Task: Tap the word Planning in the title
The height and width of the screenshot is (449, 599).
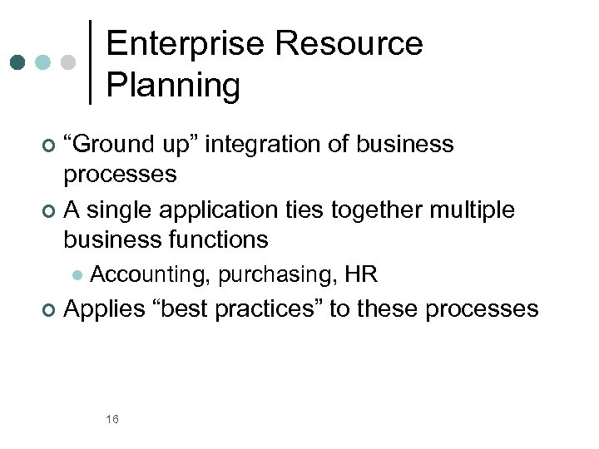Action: pyautogui.click(x=173, y=85)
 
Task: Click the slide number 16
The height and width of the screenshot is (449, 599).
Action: pyautogui.click(x=112, y=418)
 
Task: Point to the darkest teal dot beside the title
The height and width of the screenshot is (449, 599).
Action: pyautogui.click(x=17, y=62)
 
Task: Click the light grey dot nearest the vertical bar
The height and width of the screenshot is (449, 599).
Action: pyautogui.click(x=70, y=62)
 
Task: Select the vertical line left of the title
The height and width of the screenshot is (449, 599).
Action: pyautogui.click(x=90, y=62)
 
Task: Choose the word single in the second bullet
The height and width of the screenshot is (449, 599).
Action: pyautogui.click(x=119, y=210)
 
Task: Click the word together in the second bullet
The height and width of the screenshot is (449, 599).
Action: pyautogui.click(x=378, y=210)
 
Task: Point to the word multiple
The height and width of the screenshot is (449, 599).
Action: pyautogui.click(x=472, y=210)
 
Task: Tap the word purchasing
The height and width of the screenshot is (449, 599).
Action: pyautogui.click(x=276, y=274)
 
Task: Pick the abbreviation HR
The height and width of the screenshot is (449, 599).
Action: pyautogui.click(x=361, y=274)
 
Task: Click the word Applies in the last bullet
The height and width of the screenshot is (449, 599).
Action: pyautogui.click(x=104, y=309)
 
